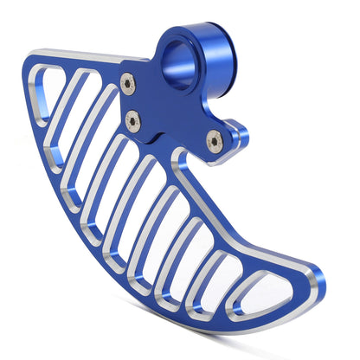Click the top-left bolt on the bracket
tap(128, 83)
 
